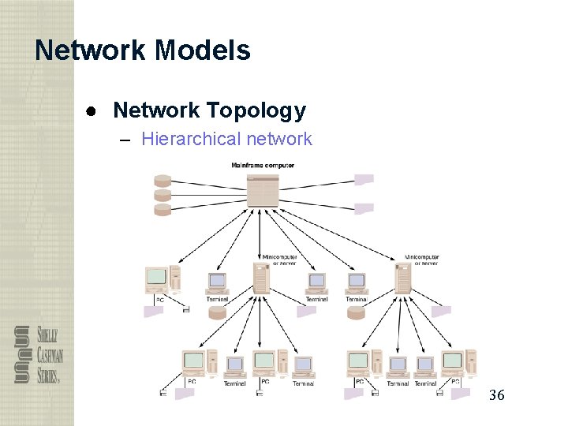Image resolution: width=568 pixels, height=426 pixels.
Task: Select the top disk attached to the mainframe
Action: (163, 180)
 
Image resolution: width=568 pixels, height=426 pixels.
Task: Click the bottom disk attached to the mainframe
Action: (163, 209)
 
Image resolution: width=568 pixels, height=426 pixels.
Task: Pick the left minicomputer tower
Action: (261, 278)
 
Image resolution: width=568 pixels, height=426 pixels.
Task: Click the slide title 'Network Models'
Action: (143, 50)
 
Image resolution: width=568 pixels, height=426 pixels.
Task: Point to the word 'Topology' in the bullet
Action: (264, 111)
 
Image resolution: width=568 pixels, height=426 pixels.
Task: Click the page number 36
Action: (496, 394)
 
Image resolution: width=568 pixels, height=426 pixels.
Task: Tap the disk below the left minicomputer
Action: (217, 312)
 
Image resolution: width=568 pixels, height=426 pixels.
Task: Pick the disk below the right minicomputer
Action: (356, 312)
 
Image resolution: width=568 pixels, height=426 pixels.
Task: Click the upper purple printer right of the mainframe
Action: (364, 179)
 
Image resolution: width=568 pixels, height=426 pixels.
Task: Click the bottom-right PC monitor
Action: (452, 362)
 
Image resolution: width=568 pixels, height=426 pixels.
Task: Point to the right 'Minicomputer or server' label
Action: (421, 260)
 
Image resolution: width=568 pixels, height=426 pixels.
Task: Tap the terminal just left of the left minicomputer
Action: (217, 282)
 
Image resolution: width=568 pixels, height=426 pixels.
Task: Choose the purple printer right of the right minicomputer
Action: (441, 312)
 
